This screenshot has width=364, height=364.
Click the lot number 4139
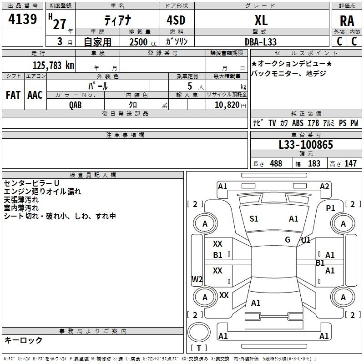pos(22,19)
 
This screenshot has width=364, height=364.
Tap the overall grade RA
pos(347,21)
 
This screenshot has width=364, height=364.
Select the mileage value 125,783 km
pos(53,66)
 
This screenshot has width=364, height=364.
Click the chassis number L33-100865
pos(306,145)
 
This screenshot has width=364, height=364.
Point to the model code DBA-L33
pos(260,42)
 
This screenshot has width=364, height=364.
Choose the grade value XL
pos(261,20)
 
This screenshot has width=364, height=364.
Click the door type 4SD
pos(176,20)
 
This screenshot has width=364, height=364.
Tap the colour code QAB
pos(76,105)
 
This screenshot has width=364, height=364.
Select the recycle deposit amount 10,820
pos(227,105)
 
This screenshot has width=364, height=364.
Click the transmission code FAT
pos(13,95)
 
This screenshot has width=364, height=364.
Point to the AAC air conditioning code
pos(35,95)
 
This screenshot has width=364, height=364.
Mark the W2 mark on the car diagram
pos(197,279)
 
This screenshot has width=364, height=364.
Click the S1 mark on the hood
pos(254,219)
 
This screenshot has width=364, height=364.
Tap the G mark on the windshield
pos(288,240)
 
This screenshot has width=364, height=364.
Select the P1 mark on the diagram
pos(331,208)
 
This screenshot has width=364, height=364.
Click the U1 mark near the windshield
pos(306,240)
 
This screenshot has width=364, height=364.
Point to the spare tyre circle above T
pos(199,332)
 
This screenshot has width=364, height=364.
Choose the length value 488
pos(276,163)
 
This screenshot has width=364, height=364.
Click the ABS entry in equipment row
pos(298,123)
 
